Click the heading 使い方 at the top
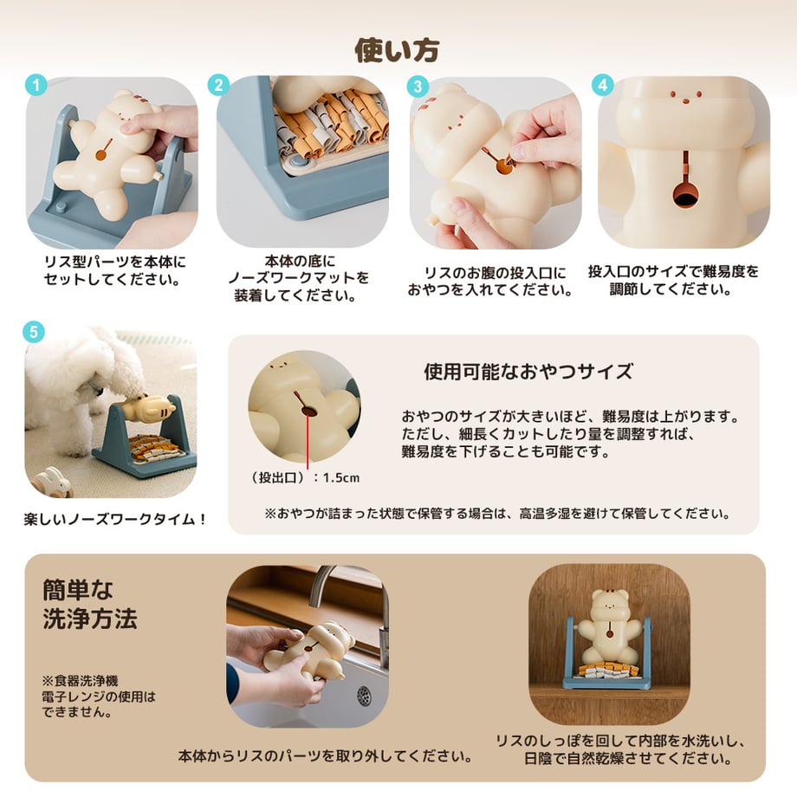[x=397, y=50]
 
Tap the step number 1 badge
[x=36, y=85]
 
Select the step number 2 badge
[x=218, y=85]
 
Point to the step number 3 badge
[x=418, y=87]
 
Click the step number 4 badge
[x=603, y=85]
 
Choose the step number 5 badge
[x=34, y=332]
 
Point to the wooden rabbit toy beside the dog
[x=51, y=482]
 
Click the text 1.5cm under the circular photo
[x=341, y=478]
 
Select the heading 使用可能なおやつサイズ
[x=528, y=372]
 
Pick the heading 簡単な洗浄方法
[x=90, y=605]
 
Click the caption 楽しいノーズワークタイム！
[x=116, y=519]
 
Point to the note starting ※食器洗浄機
[x=99, y=697]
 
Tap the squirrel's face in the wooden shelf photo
[x=609, y=605]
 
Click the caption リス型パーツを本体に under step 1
[x=115, y=262]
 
